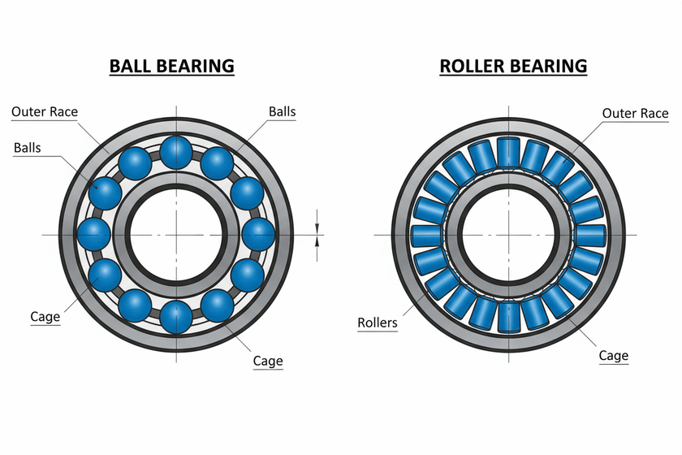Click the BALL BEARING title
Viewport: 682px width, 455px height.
pyautogui.click(x=172, y=66)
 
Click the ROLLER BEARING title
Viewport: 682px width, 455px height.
pyautogui.click(x=513, y=66)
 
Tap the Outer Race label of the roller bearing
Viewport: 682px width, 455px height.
pyautogui.click(x=635, y=113)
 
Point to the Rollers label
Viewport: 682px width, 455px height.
pyautogui.click(x=378, y=323)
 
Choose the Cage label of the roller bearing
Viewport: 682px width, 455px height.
pyautogui.click(x=613, y=355)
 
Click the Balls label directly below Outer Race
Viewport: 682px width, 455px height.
pyautogui.click(x=29, y=148)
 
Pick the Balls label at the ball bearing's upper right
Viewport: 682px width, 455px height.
pyautogui.click(x=283, y=112)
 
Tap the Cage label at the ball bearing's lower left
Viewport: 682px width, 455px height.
pyautogui.click(x=45, y=317)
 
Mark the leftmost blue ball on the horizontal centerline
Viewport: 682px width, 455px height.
pyautogui.click(x=93, y=234)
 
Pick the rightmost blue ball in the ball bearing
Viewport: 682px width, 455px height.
pyautogui.click(x=257, y=234)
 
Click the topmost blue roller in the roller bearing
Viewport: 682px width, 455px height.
pyautogui.click(x=508, y=152)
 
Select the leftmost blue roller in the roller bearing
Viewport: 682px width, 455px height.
pyautogui.click(x=425, y=236)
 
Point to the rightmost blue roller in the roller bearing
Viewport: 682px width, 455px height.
pyautogui.click(x=590, y=236)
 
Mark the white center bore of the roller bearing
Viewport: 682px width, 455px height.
pyautogui.click(x=508, y=234)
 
